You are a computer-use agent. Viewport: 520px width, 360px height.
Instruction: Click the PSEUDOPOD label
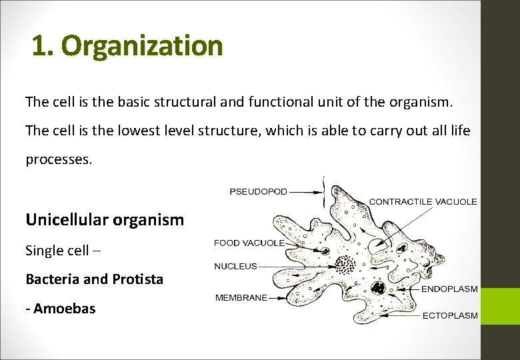258,191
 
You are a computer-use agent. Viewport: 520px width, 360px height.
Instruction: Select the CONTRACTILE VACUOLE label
423,201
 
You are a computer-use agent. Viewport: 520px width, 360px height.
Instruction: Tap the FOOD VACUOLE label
249,243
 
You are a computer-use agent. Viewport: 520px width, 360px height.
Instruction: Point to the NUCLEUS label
235,267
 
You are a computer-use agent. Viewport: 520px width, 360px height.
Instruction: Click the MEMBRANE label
241,298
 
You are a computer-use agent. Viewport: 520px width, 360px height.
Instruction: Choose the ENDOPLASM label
449,289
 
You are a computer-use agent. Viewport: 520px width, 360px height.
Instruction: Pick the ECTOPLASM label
450,316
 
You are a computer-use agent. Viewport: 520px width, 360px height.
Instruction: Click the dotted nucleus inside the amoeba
345,265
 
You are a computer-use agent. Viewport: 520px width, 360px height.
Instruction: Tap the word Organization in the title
143,46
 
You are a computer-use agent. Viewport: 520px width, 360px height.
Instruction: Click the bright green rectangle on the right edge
499,306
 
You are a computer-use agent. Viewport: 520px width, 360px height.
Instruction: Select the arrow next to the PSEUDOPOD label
307,191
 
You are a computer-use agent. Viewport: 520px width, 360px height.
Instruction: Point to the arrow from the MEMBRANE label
287,298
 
